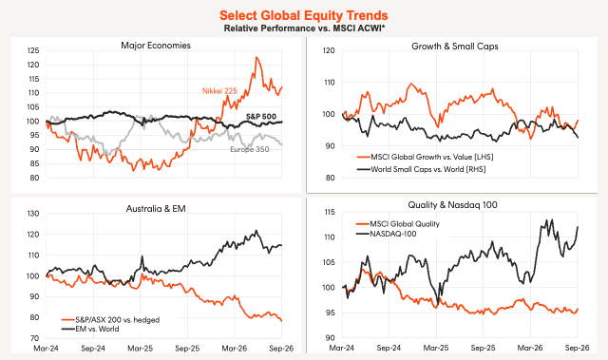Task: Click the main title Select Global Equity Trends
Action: click(304, 15)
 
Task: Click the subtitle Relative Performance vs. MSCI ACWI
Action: click(303, 28)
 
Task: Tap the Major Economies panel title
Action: click(156, 46)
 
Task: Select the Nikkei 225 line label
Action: click(219, 91)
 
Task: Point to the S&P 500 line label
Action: click(261, 116)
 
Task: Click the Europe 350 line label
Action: click(250, 149)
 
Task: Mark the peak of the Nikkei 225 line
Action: click(256, 57)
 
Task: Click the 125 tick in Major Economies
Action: click(33, 50)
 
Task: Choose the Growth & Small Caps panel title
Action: click(455, 47)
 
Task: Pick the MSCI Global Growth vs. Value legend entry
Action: click(425, 157)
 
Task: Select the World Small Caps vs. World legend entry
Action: click(421, 169)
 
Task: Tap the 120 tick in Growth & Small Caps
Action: click(329, 50)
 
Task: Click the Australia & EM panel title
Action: click(156, 209)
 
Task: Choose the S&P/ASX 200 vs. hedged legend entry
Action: click(111, 320)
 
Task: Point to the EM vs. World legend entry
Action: click(90, 329)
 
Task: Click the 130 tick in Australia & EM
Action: click(33, 214)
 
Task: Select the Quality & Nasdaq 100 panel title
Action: click(452, 205)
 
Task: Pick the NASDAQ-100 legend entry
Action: click(387, 234)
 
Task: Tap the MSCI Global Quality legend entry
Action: click(398, 224)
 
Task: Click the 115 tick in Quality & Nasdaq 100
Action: click(329, 213)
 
